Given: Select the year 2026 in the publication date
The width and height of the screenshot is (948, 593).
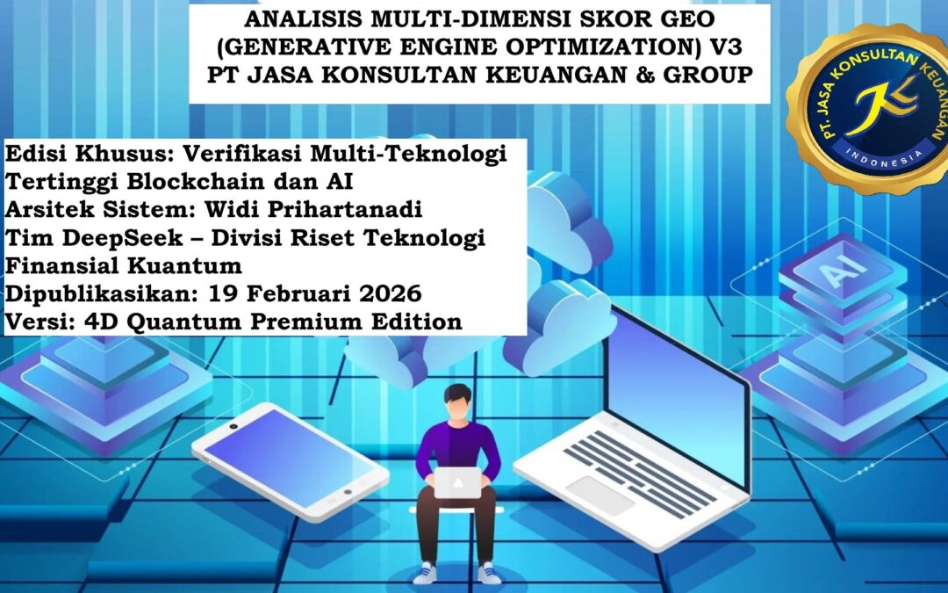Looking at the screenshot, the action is coord(391,294).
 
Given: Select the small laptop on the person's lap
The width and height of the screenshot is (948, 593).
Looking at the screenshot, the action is coord(457,482).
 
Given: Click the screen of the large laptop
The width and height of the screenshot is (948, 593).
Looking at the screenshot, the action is coord(678,388).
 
